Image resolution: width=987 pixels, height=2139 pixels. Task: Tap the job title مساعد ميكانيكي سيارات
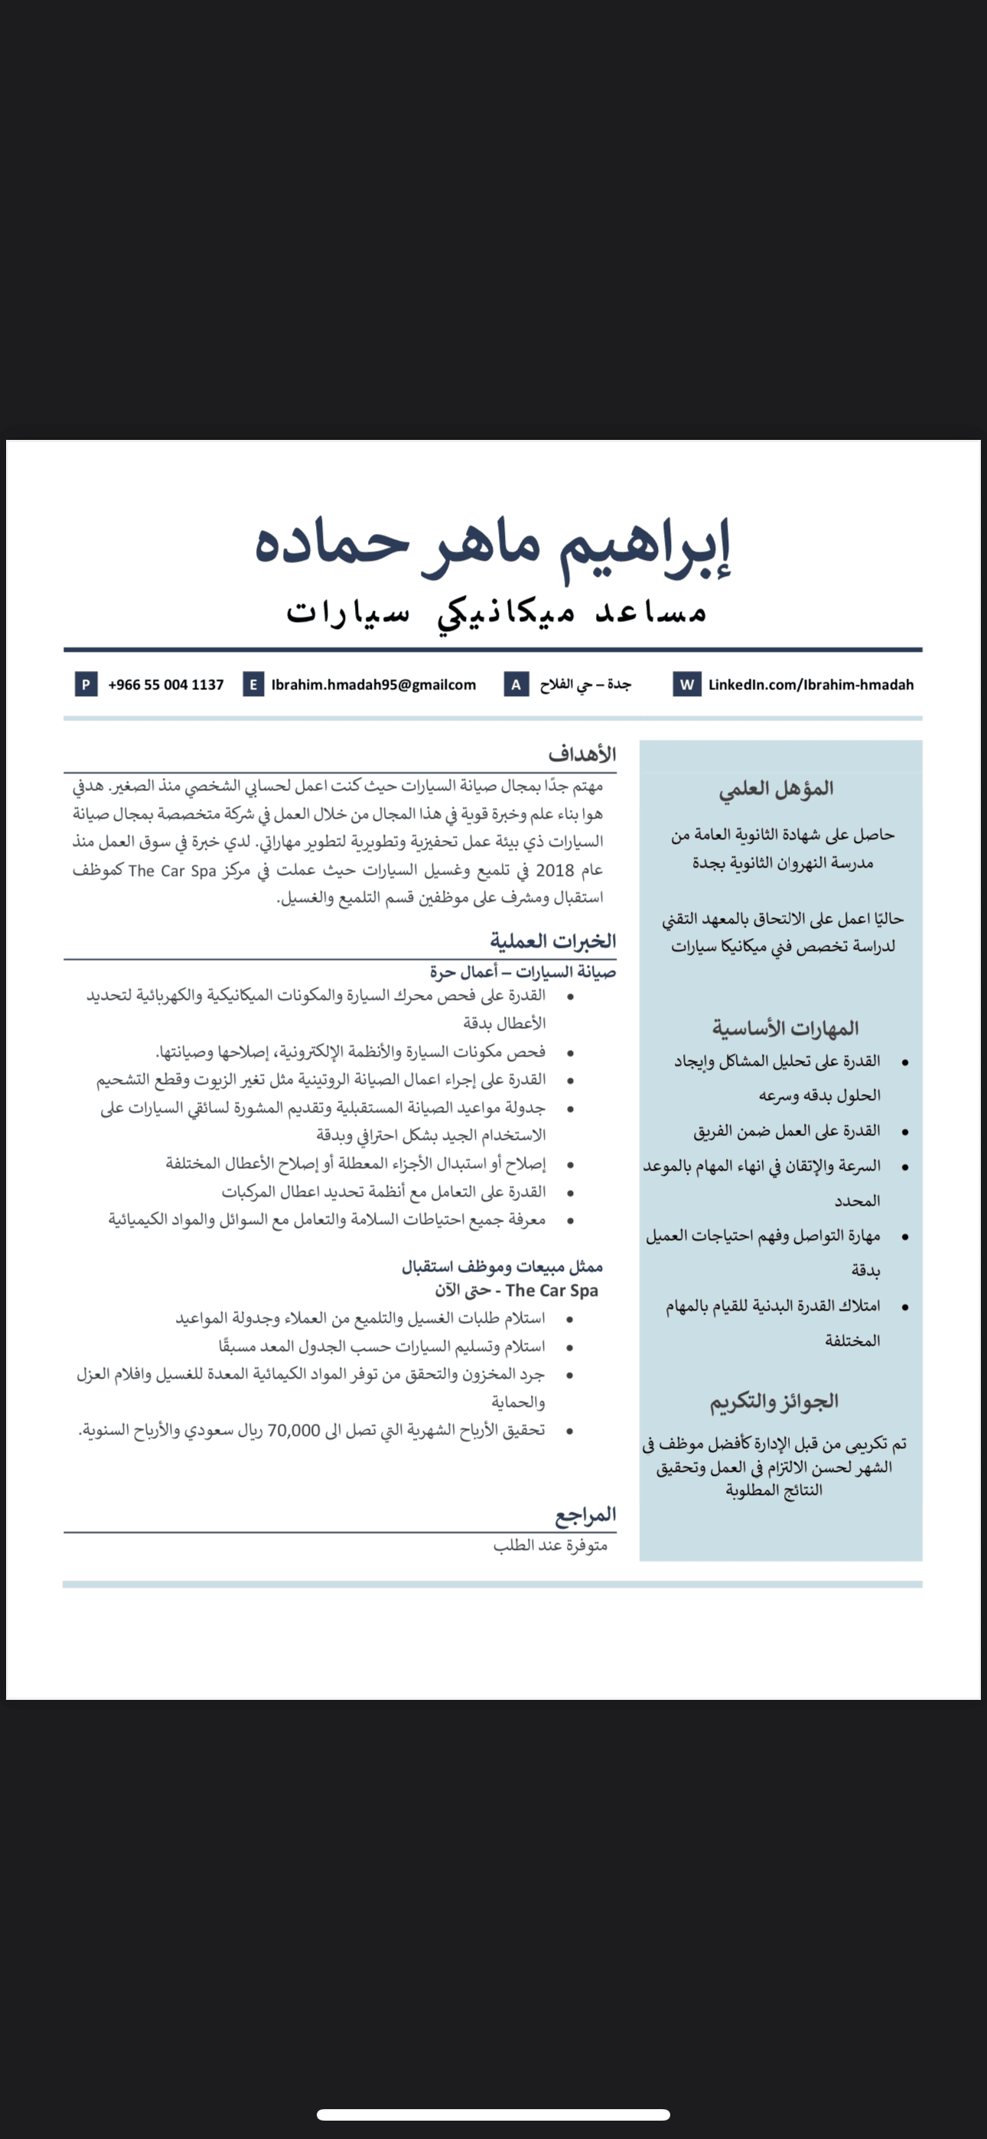point(496,612)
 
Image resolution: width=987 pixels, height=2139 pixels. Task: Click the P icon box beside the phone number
point(86,684)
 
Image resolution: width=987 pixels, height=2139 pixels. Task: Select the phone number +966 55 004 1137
point(165,685)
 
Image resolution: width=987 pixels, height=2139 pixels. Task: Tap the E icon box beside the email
point(253,684)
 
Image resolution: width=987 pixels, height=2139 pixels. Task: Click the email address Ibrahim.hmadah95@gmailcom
point(373,685)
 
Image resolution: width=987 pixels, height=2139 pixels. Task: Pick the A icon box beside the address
point(516,684)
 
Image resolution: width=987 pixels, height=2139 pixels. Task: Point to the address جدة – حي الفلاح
point(585,685)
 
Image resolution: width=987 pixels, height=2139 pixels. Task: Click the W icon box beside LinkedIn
point(686,684)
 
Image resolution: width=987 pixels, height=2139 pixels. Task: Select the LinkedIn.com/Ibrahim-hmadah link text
point(810,685)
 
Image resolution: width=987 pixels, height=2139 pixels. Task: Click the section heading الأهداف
point(581,754)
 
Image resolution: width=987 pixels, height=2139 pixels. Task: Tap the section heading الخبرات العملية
point(552,941)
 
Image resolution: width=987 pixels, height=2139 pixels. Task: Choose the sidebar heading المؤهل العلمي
point(776,788)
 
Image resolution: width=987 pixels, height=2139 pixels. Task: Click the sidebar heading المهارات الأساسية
point(785,1028)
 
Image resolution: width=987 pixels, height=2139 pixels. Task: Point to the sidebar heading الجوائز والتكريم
point(774,1402)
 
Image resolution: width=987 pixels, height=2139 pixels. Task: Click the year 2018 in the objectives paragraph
point(555,871)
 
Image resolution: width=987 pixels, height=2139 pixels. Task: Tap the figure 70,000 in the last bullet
point(293,1430)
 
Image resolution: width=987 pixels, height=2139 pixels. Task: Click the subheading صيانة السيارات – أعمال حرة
point(523,972)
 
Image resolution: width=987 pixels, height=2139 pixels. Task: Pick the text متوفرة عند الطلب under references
point(550,1545)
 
